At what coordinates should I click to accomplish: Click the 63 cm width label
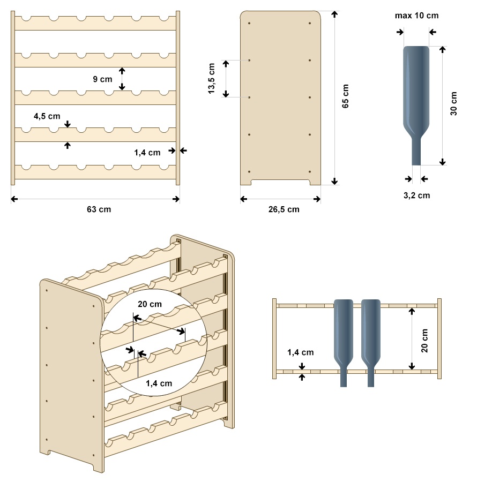click(x=99, y=209)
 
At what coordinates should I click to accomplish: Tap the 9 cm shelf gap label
click(x=102, y=79)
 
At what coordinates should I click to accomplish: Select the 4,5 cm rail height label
click(x=47, y=116)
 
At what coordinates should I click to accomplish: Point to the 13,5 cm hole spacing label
click(x=211, y=78)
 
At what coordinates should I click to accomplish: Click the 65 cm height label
click(x=345, y=96)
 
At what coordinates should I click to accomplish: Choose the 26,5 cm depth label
click(x=284, y=209)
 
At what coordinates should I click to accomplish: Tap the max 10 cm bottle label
click(x=417, y=16)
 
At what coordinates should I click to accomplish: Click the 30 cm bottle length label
click(x=453, y=103)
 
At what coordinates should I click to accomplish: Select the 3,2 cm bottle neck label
click(x=417, y=195)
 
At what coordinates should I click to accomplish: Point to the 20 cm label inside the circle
click(x=150, y=304)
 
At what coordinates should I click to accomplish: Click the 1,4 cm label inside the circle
click(x=159, y=383)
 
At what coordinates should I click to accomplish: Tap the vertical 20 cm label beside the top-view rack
click(x=424, y=340)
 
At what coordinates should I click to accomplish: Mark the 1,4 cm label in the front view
click(x=147, y=153)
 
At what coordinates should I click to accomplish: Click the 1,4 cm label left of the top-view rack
click(x=301, y=352)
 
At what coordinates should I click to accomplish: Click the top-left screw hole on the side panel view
click(x=249, y=23)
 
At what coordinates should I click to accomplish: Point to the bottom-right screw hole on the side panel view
click(x=310, y=171)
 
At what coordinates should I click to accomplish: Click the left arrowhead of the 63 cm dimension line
click(x=13, y=199)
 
